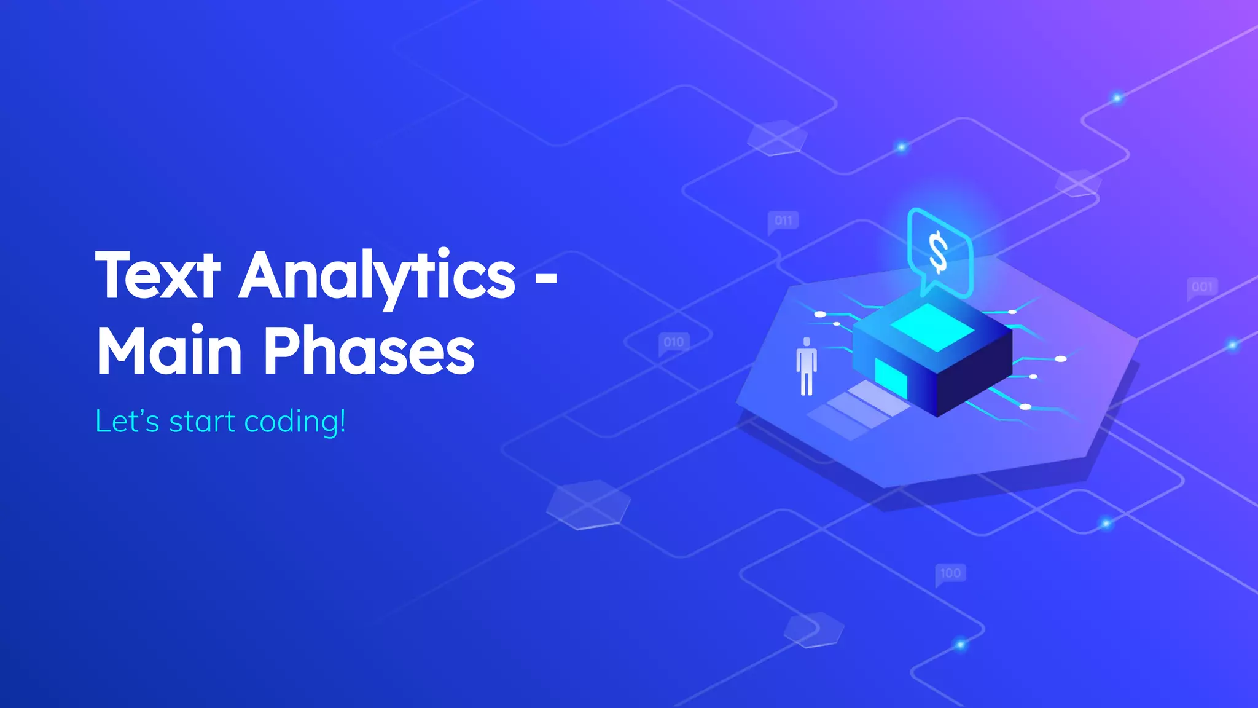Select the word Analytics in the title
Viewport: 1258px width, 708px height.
(377, 275)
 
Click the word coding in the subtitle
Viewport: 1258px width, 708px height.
(290, 422)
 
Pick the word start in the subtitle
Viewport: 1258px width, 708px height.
(201, 422)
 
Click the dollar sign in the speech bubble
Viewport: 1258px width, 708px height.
(938, 252)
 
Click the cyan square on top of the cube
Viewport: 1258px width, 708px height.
(932, 328)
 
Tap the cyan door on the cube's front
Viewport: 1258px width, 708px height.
(891, 377)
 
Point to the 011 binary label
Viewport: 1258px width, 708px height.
(783, 221)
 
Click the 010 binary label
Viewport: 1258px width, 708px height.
(674, 342)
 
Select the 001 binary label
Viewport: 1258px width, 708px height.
(1202, 287)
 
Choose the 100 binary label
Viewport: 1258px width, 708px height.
(950, 573)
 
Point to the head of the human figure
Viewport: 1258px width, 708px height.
(807, 342)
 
